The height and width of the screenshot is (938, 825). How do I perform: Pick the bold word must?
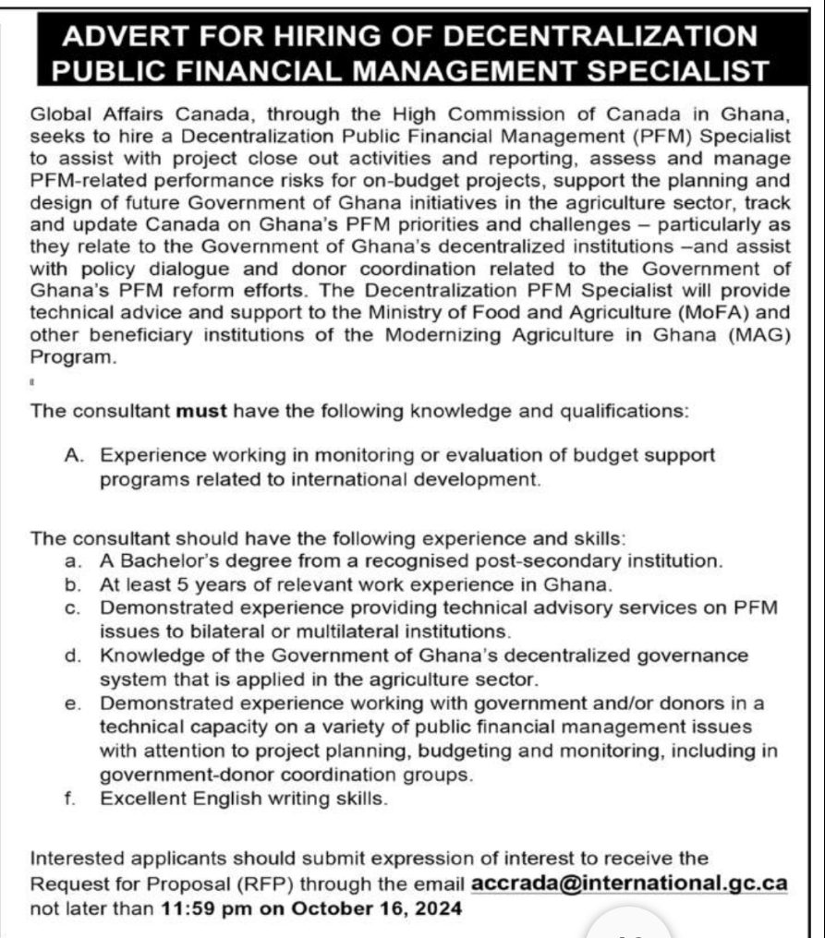[x=201, y=411]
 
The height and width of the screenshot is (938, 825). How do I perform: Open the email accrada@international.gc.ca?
[x=629, y=883]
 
